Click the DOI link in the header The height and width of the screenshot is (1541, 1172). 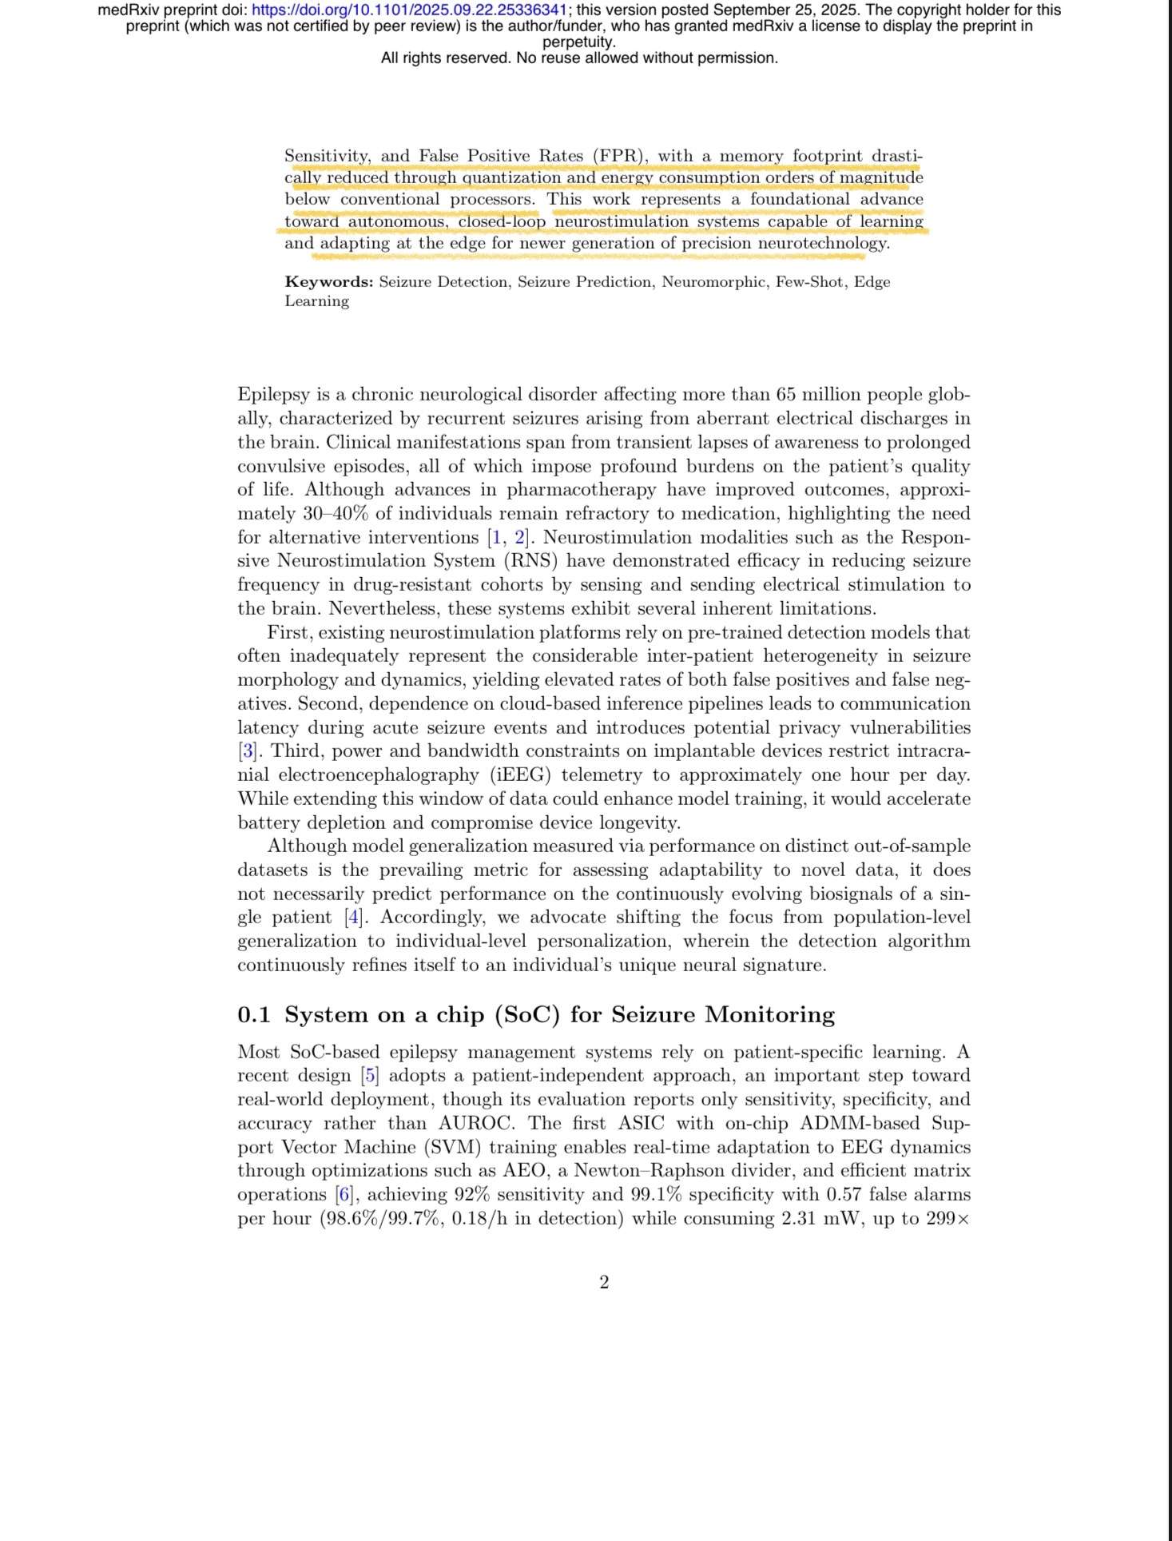click(409, 10)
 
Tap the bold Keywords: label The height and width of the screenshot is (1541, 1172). click(329, 282)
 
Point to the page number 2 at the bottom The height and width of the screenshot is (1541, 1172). click(604, 1282)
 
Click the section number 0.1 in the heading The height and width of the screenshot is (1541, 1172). click(254, 1015)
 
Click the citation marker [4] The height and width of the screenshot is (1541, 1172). click(352, 918)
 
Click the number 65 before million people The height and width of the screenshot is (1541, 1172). click(786, 395)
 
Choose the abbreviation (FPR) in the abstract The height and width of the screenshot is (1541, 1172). click(619, 157)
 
